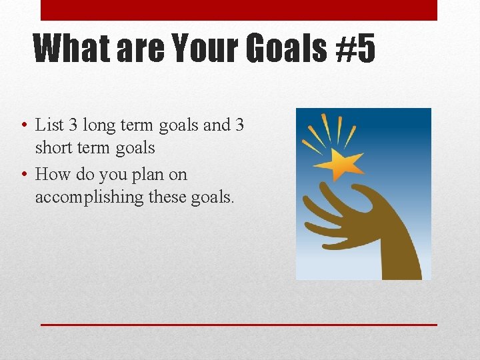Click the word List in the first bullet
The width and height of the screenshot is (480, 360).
pos(49,125)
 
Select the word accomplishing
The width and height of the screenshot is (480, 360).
pos(89,197)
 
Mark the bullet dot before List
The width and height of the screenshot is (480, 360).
pos(23,125)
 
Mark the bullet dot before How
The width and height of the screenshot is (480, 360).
pos(23,175)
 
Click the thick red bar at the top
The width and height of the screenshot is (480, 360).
pos(239,10)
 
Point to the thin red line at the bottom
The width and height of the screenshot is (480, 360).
pos(239,325)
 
